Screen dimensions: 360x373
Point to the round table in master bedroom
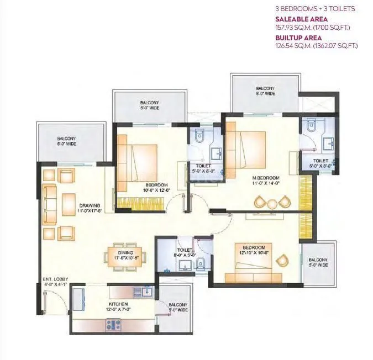(x=270, y=203)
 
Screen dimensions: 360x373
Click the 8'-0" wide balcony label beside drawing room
(x=67, y=141)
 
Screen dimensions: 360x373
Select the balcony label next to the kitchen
(x=177, y=307)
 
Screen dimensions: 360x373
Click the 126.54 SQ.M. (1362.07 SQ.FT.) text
(x=316, y=45)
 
